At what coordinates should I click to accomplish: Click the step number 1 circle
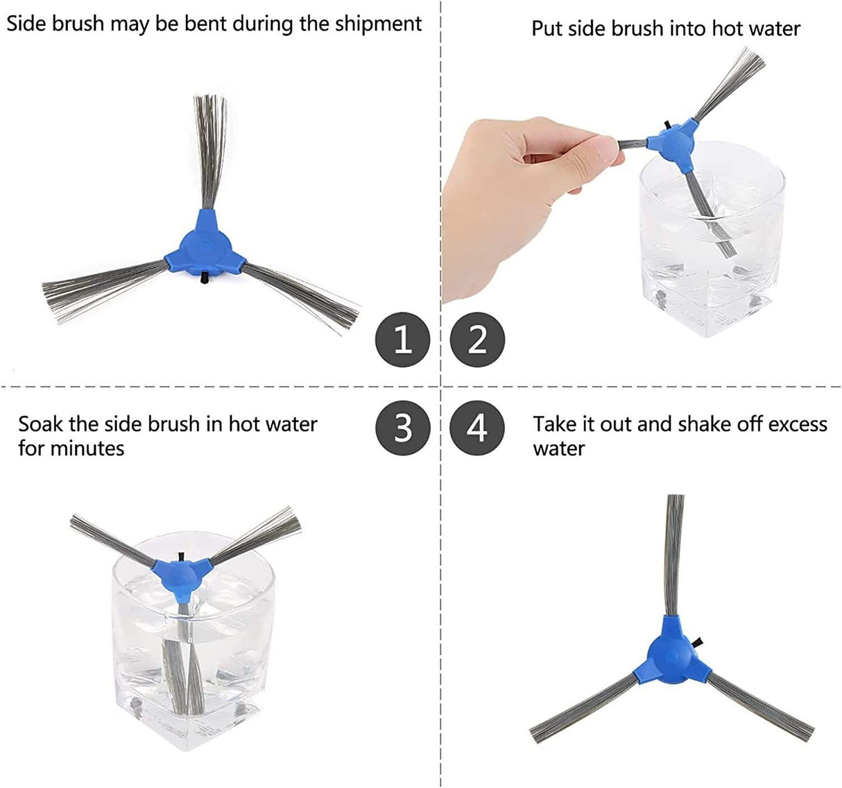coord(402,339)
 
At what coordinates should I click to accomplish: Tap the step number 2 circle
coord(477,339)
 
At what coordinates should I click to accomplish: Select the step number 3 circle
coord(402,428)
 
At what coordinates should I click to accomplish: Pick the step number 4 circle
coord(477,428)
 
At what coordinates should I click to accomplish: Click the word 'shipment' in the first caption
coord(378,24)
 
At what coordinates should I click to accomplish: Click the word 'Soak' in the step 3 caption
coord(41,424)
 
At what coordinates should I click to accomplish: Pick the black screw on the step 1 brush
coord(204,278)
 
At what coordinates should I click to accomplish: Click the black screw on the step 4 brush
coord(698,643)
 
